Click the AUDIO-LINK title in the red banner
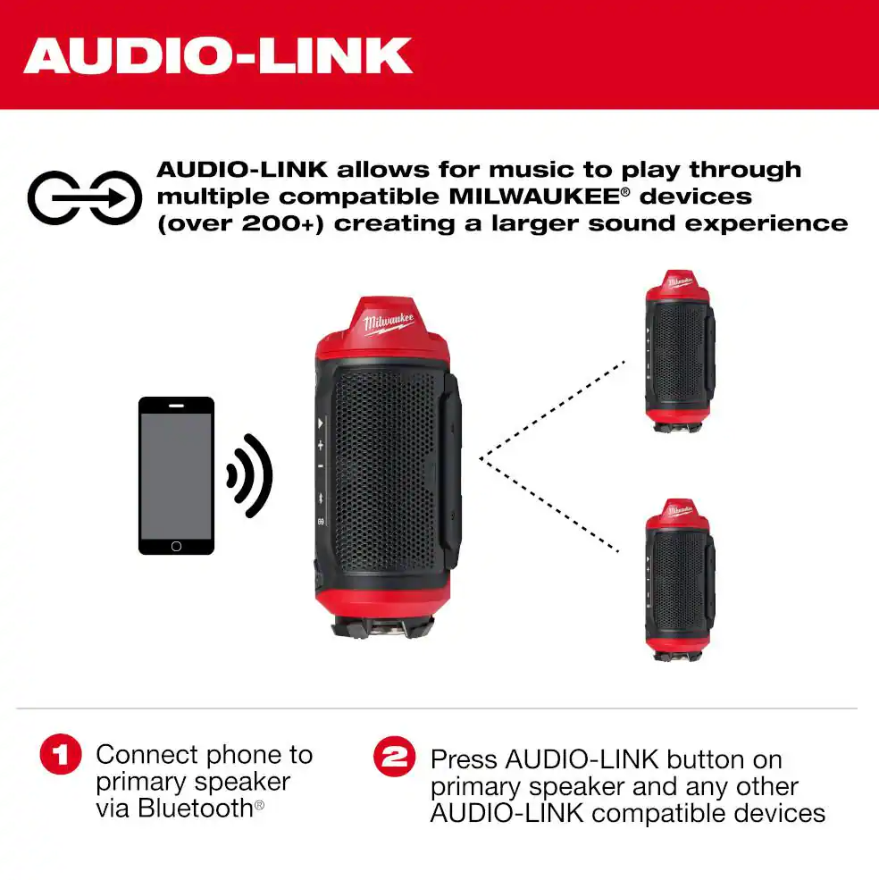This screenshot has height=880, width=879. (x=218, y=55)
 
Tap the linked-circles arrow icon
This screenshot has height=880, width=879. (x=85, y=197)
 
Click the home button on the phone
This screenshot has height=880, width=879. (x=176, y=546)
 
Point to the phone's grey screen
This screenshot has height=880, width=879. (x=176, y=476)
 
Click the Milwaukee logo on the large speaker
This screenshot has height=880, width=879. (x=389, y=323)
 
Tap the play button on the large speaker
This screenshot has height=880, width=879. (x=320, y=423)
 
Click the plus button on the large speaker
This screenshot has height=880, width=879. (x=321, y=446)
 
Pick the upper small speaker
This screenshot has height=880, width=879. (x=680, y=351)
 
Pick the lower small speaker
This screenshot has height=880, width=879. (x=680, y=580)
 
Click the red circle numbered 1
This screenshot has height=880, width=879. (x=61, y=754)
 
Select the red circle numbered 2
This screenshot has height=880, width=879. (x=395, y=757)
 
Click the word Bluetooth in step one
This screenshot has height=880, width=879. (x=195, y=809)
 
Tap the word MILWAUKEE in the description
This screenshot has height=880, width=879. (x=534, y=197)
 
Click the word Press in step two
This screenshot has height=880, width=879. (x=464, y=759)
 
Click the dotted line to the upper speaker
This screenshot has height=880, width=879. (x=552, y=410)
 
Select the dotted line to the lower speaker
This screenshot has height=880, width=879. (x=549, y=505)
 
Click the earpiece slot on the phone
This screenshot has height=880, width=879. (x=176, y=406)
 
